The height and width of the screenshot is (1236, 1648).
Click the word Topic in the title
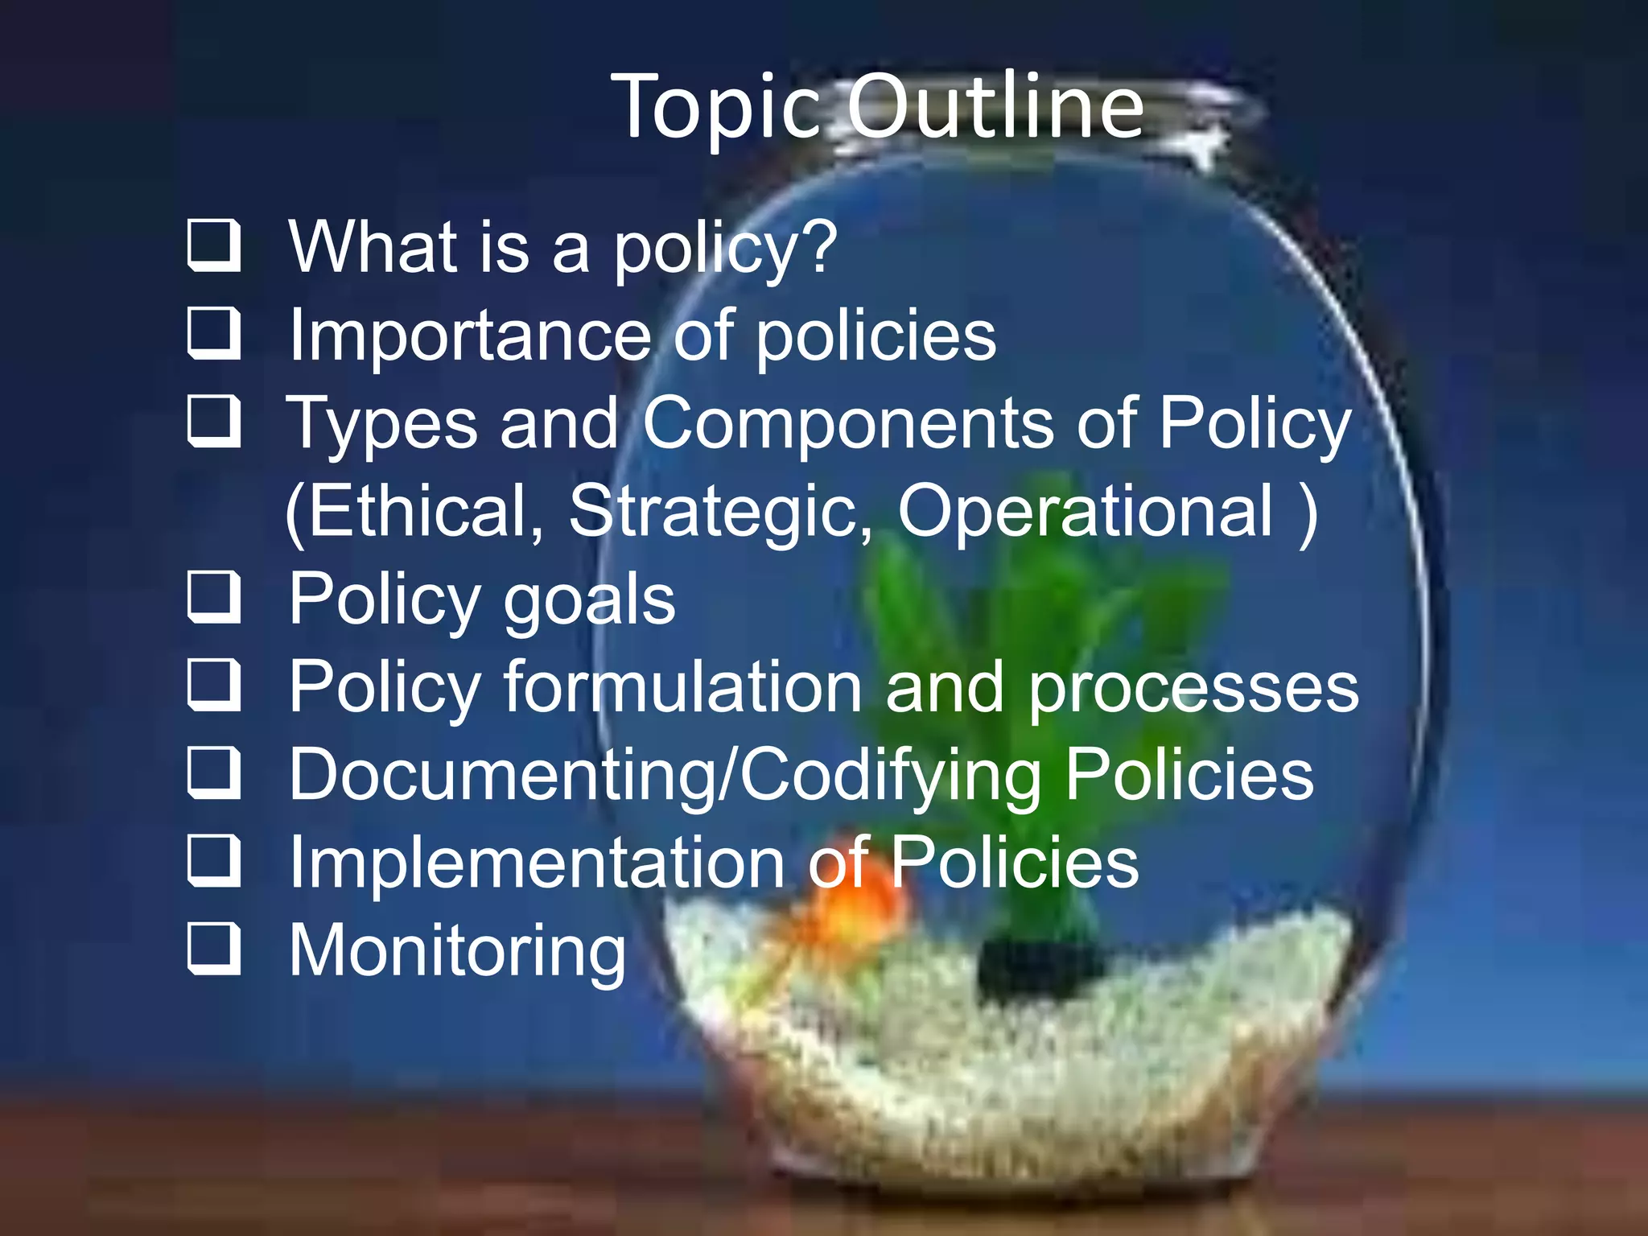(x=717, y=108)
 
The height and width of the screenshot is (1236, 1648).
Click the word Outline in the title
(x=995, y=106)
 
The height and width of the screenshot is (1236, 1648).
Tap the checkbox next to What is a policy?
(x=214, y=245)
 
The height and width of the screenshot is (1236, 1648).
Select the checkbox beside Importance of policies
(x=214, y=333)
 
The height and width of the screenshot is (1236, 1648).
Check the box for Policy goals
(x=214, y=598)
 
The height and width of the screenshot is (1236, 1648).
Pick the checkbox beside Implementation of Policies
(x=214, y=861)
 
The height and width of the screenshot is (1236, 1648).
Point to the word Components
(x=847, y=423)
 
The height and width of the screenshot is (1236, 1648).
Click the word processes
(x=1194, y=688)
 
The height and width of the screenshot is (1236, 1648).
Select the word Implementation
(x=537, y=862)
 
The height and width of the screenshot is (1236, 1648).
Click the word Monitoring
(x=457, y=951)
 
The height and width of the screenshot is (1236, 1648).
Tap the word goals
(x=589, y=600)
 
